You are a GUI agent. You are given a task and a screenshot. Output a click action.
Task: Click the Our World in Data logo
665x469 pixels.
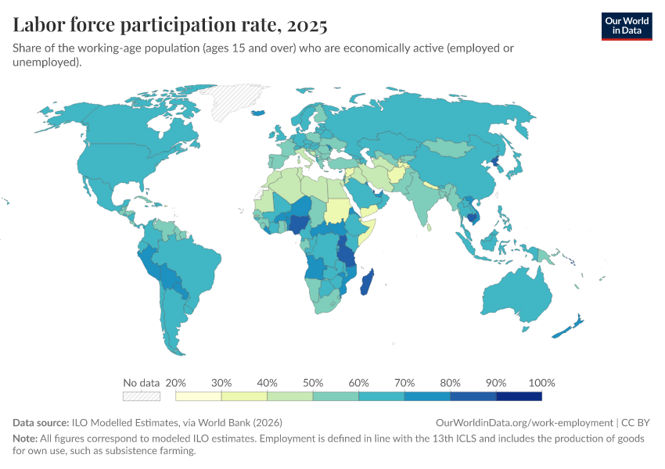tap(626, 26)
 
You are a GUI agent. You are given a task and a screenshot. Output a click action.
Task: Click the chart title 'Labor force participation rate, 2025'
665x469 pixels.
tap(170, 26)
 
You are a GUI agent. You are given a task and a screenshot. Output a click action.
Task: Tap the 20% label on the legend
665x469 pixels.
tap(176, 383)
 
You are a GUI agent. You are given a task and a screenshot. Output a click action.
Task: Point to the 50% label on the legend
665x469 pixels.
tap(313, 383)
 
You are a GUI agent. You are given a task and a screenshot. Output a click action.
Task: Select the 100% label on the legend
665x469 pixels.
tap(541, 383)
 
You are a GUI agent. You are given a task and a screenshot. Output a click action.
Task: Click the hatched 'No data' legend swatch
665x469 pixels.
tap(142, 396)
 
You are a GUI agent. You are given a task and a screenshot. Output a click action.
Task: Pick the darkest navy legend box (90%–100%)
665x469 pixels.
tap(519, 396)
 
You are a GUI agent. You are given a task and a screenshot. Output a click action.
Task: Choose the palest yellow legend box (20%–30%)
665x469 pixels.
tap(199, 396)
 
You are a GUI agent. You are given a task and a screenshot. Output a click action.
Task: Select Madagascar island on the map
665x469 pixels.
tap(366, 281)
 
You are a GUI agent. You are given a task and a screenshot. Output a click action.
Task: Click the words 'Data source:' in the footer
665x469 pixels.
tap(41, 421)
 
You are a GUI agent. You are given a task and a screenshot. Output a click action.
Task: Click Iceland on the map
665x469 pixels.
tap(260, 113)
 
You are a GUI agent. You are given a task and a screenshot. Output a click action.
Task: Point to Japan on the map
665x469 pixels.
tap(517, 166)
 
